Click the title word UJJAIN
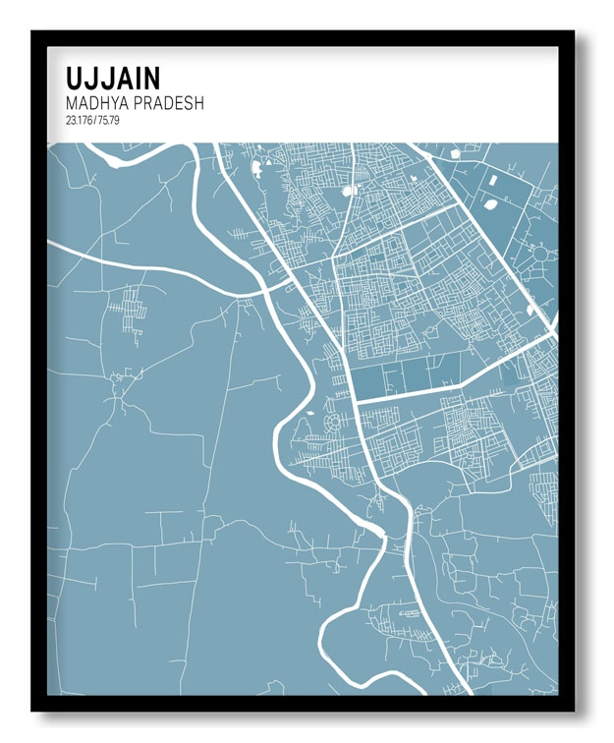pyautogui.click(x=113, y=78)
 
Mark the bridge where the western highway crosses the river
pyautogui.click(x=267, y=286)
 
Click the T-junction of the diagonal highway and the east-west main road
pyautogui.click(x=355, y=401)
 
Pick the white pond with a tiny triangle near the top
pyautogui.click(x=257, y=166)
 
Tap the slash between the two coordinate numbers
pyautogui.click(x=95, y=121)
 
